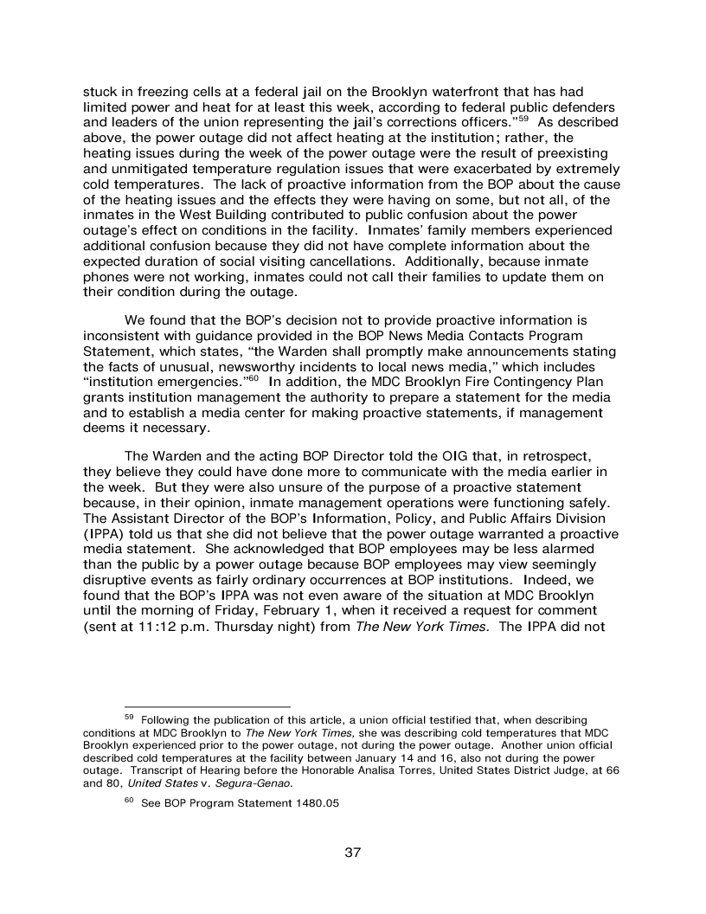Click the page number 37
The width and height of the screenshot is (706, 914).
tap(352, 853)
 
